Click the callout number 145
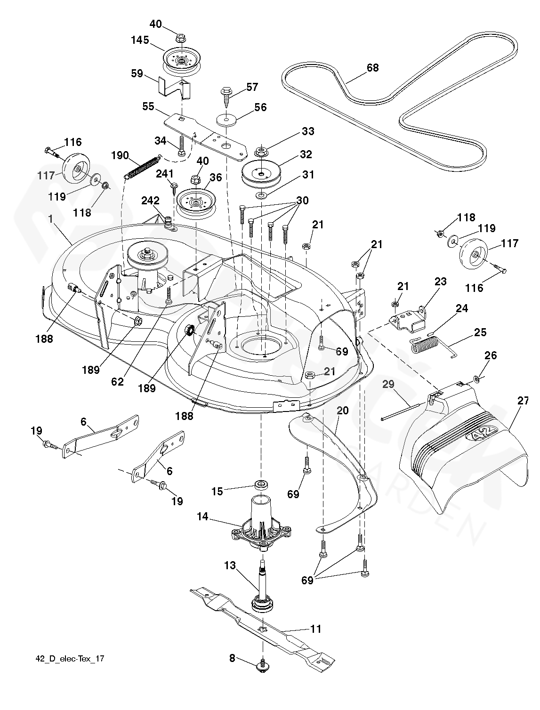[x=140, y=40]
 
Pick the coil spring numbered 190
[x=143, y=166]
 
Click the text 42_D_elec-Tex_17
[x=70, y=659]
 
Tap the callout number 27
[x=523, y=401]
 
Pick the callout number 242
[x=150, y=201]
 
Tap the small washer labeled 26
[x=476, y=379]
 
